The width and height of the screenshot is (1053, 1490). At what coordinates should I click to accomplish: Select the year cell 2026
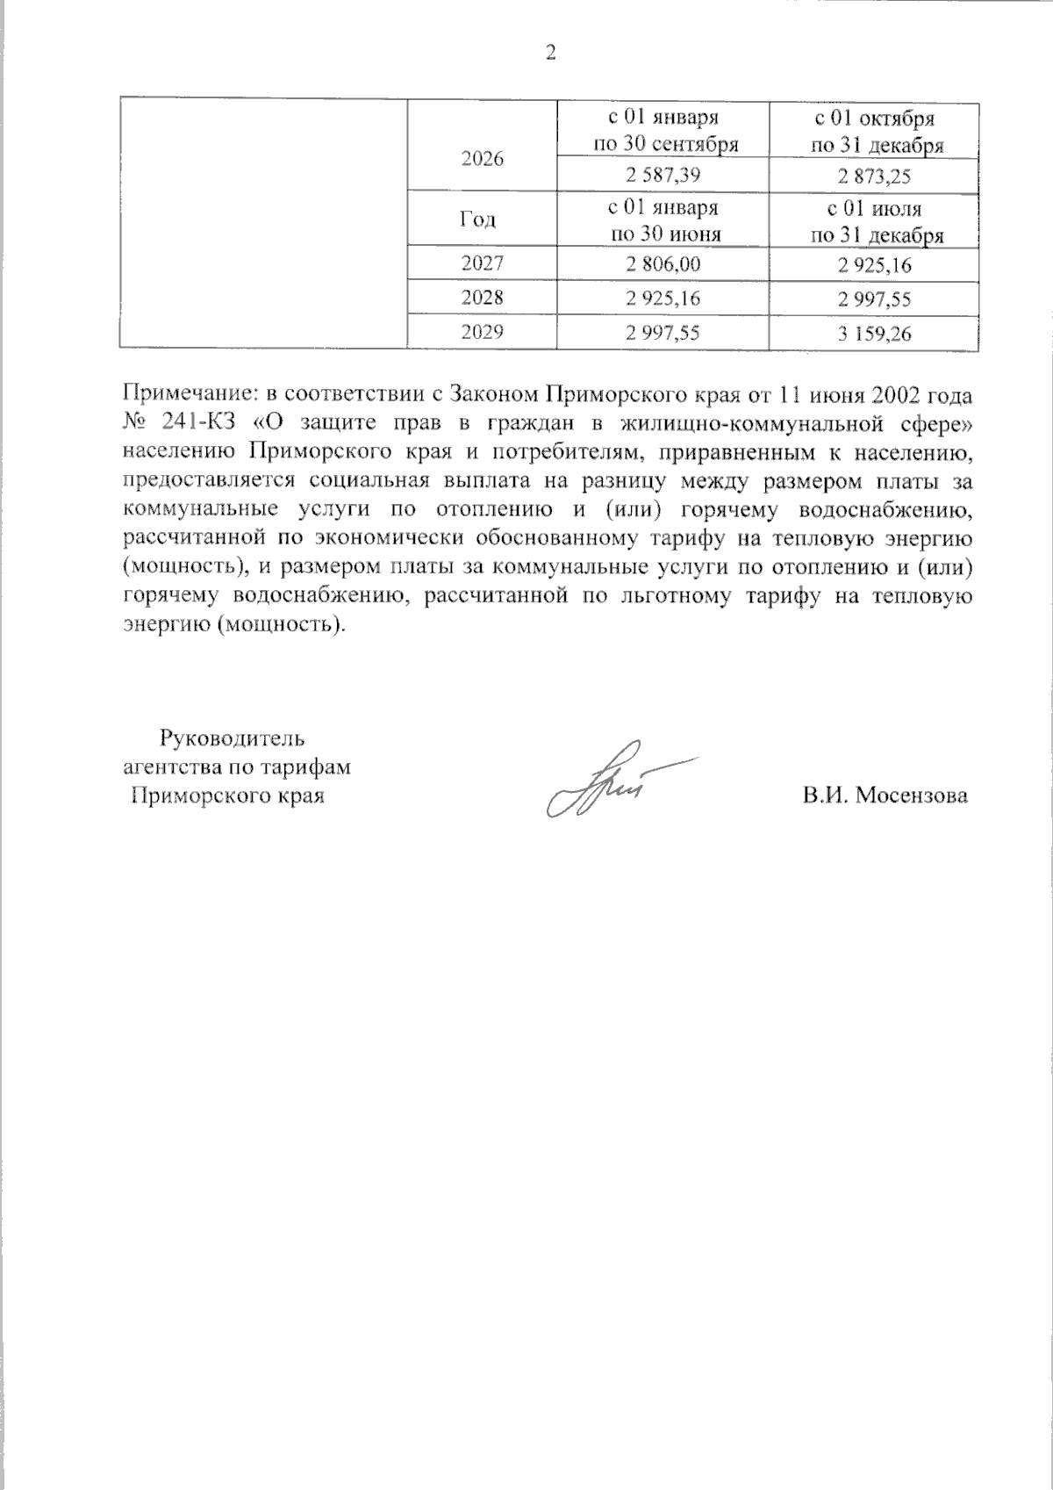pos(483,159)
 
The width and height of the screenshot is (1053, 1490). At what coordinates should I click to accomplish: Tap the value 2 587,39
pos(663,176)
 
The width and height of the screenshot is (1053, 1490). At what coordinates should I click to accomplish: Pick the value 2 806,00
pos(663,264)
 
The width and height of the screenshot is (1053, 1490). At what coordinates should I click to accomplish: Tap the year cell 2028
pos(483,298)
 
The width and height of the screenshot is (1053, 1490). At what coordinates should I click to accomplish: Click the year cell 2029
pos(483,332)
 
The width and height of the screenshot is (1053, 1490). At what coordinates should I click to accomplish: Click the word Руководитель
pos(231,738)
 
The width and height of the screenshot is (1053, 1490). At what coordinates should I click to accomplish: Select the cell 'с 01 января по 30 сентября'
pos(663,131)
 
